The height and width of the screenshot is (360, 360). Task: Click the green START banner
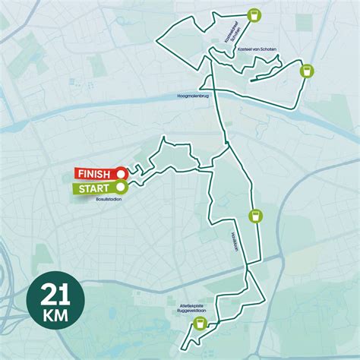pos(96,188)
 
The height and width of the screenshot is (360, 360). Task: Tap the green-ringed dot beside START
pos(120,187)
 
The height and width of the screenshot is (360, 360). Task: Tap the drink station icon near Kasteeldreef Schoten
pos(254,14)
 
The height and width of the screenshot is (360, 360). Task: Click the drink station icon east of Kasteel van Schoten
pos(306,71)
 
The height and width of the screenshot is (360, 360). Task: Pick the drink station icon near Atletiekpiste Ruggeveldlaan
pos(200,324)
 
